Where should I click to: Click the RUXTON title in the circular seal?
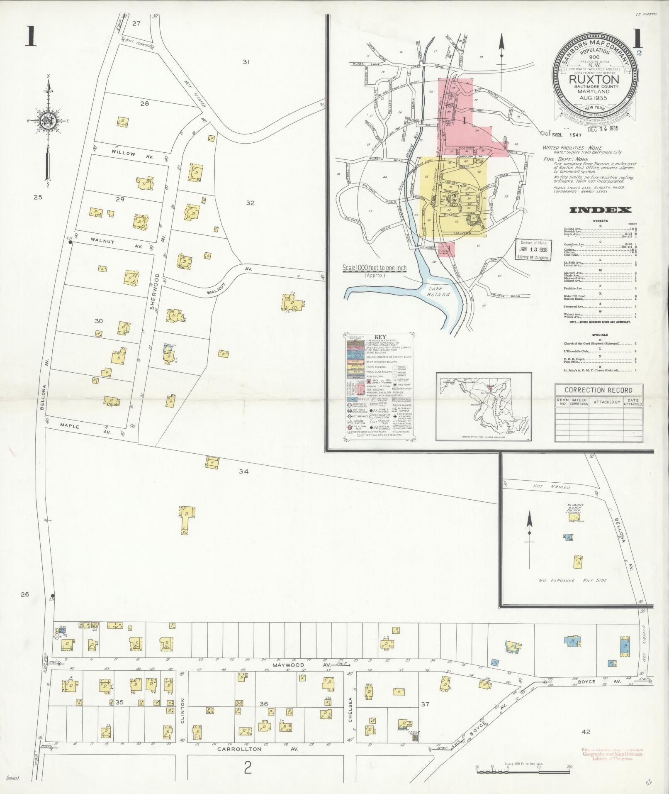(594, 79)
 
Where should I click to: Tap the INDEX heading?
(600, 210)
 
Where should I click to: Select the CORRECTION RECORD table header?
(598, 390)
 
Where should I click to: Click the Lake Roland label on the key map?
(438, 291)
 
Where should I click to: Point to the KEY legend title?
(380, 337)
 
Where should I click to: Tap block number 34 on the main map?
(243, 471)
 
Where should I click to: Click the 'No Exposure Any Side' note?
(575, 580)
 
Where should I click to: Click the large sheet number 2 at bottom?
(247, 768)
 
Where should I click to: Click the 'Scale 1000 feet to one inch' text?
(374, 269)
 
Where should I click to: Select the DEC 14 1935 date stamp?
(603, 129)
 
